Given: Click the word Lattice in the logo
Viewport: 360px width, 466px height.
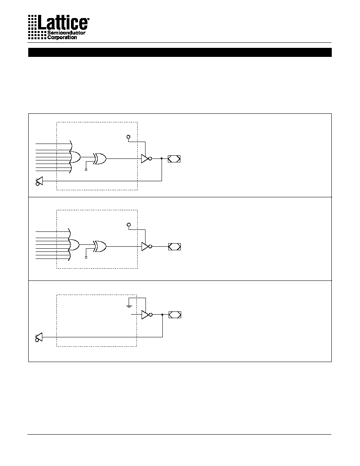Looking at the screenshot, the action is [x=62, y=23].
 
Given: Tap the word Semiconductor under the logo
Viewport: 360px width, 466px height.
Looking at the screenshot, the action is [x=66, y=33].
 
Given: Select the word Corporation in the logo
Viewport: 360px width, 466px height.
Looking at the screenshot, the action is [x=62, y=37].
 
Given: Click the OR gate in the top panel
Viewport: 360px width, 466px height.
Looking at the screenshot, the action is [x=75, y=157].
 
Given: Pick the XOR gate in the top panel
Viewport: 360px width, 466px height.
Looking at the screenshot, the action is [x=100, y=159].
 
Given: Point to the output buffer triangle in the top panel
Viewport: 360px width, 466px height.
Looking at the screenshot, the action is [x=145, y=159].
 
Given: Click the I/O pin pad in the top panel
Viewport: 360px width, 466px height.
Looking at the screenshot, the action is [x=174, y=159].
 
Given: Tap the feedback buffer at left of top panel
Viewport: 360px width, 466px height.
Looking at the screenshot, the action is [x=39, y=181].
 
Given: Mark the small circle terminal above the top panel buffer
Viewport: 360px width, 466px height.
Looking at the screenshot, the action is [x=128, y=137].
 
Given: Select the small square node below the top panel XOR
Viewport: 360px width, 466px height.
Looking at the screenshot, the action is [x=86, y=169].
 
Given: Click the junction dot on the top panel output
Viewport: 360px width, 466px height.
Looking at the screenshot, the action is [x=162, y=158].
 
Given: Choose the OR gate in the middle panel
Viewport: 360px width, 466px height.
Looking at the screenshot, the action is [x=74, y=245].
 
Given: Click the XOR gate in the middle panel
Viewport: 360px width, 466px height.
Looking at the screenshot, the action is [x=100, y=246].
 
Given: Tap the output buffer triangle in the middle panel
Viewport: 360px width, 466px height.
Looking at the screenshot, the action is [x=145, y=246].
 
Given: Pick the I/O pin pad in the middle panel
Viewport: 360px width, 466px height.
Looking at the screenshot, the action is [x=175, y=247].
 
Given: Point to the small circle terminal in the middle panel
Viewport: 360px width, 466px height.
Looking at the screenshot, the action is [x=129, y=225].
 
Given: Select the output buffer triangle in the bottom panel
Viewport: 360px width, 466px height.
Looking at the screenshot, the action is [x=145, y=315].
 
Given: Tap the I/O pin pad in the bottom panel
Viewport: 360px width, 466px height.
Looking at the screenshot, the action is [x=175, y=315].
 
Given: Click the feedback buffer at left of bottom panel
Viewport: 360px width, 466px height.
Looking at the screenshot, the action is [x=39, y=337].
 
